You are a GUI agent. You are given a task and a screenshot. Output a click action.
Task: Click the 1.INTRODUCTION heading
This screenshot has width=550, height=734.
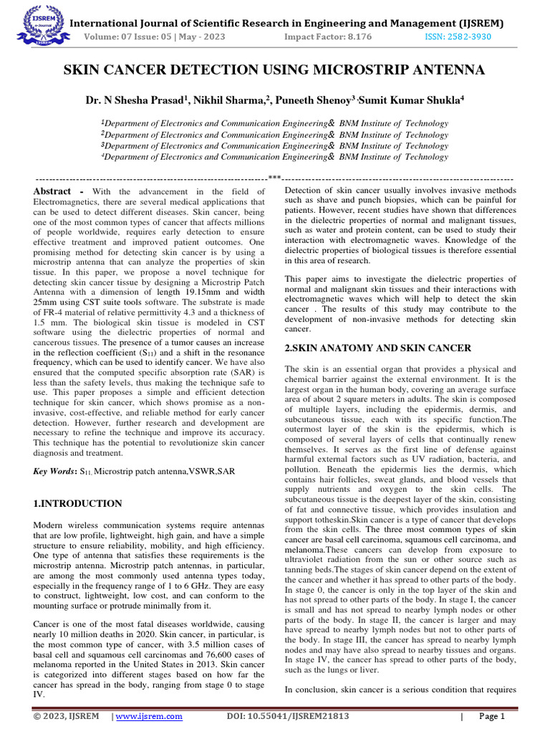click(77, 504)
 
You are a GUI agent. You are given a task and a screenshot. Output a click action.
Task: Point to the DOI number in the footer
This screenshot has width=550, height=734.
click(287, 716)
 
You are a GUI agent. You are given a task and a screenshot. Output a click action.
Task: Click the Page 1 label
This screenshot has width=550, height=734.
click(492, 716)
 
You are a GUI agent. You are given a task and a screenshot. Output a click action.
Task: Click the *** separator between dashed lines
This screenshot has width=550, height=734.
click(274, 178)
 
